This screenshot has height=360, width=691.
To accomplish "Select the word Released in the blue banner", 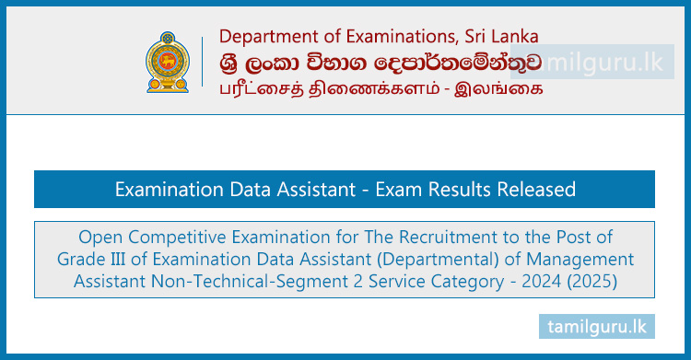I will [535, 190].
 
